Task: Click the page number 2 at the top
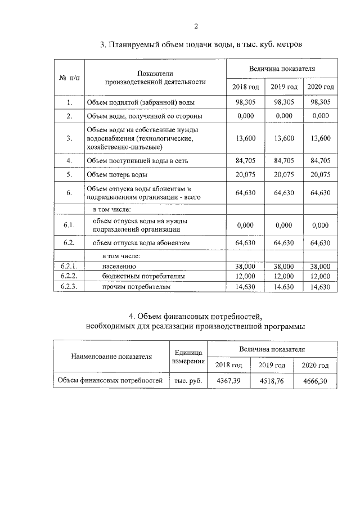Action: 196,26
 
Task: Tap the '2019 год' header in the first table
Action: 283,87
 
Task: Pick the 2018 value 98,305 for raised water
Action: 246,102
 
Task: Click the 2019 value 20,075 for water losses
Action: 283,174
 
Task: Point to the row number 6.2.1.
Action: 69,266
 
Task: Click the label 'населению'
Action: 119,266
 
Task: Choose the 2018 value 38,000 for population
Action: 246,266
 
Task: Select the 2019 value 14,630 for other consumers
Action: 283,287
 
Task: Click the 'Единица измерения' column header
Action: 187,356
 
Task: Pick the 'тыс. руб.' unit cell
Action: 187,381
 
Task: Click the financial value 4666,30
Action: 314,381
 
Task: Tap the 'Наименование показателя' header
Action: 111,356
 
